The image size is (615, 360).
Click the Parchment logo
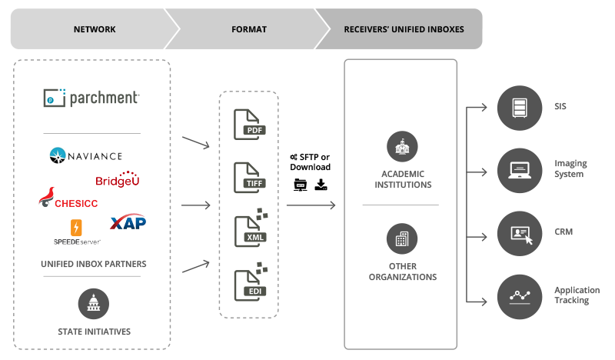point(91,98)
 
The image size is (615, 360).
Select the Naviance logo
point(83,156)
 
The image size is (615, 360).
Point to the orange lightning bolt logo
point(77,229)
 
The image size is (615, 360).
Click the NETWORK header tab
point(95,29)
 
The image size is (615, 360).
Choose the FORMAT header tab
point(248,29)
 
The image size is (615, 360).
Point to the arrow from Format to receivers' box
point(311,205)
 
